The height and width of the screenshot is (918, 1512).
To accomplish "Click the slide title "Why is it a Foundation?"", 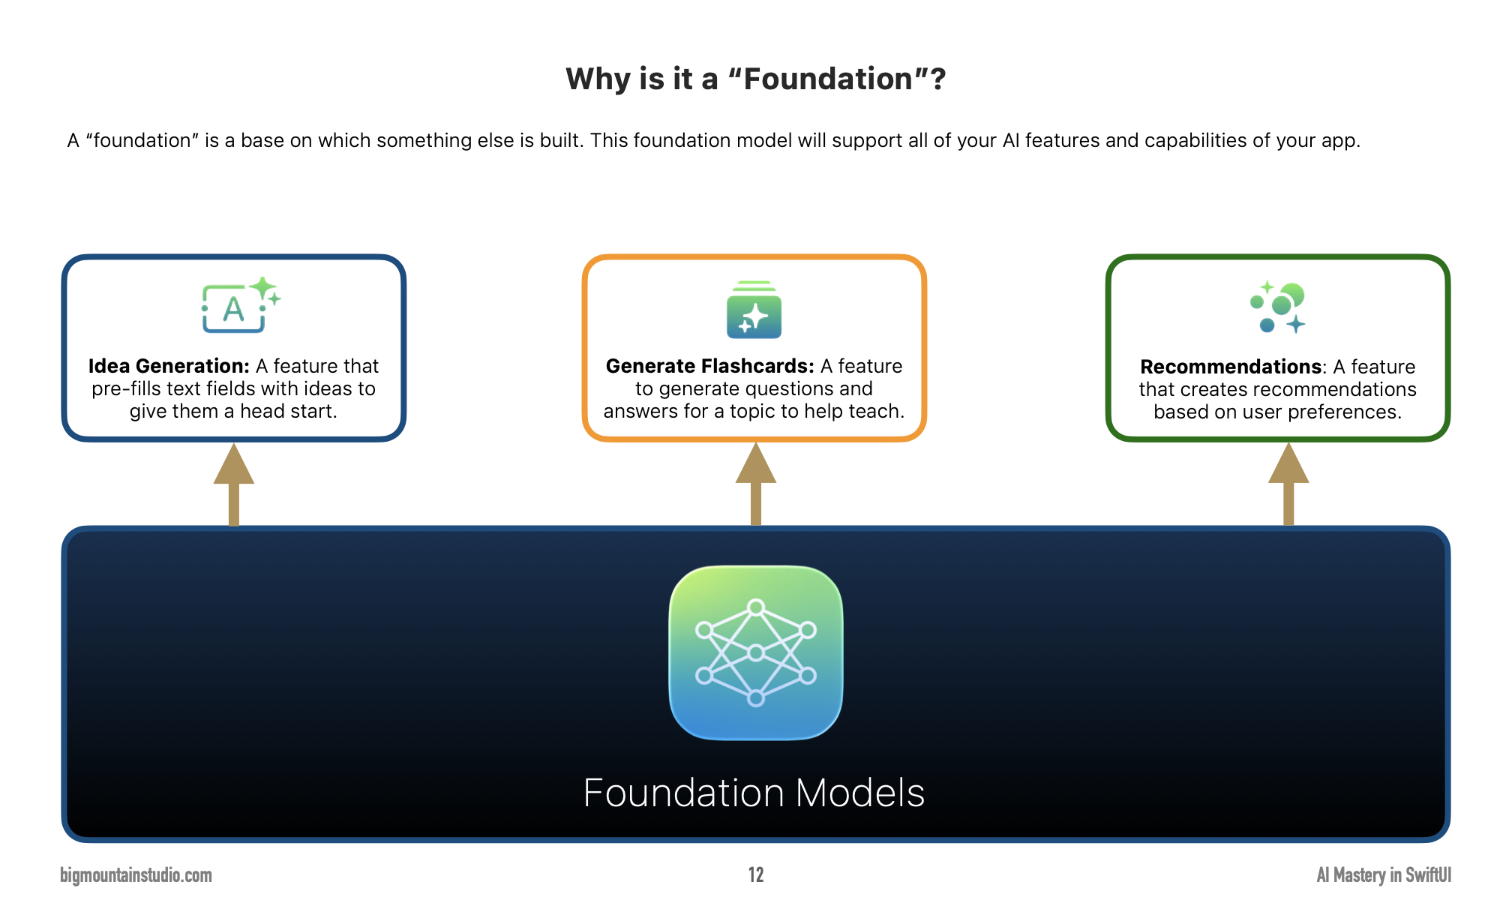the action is pyautogui.click(x=755, y=79).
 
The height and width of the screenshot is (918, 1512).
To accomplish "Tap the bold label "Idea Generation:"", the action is pyautogui.click(x=169, y=366).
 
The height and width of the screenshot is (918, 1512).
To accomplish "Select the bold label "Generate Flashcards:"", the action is pyautogui.click(x=709, y=366).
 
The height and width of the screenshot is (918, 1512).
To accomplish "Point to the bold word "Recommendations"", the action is pyautogui.click(x=1231, y=367).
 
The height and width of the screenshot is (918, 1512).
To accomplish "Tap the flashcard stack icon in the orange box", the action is pyautogui.click(x=754, y=310).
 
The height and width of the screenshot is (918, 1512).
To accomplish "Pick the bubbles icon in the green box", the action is pyautogui.click(x=1278, y=307).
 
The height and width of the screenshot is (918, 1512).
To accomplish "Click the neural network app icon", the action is pyautogui.click(x=756, y=652).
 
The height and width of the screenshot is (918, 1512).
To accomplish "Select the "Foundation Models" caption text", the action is pyautogui.click(x=754, y=793).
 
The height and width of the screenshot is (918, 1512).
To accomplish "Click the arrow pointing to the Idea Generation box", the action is pyautogui.click(x=234, y=484).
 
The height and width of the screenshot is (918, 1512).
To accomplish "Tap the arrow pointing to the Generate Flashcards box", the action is pyautogui.click(x=756, y=484).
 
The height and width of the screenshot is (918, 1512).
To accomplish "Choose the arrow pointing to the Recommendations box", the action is pyautogui.click(x=1288, y=484).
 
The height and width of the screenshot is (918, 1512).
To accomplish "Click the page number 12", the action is pyautogui.click(x=756, y=875).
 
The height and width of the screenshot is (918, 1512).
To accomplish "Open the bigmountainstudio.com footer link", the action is pyautogui.click(x=136, y=875).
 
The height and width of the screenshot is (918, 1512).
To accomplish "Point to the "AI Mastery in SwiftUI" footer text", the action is pyautogui.click(x=1384, y=875).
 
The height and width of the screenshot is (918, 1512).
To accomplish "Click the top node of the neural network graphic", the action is pyautogui.click(x=756, y=607).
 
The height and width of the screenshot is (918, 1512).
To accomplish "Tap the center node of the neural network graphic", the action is pyautogui.click(x=756, y=652).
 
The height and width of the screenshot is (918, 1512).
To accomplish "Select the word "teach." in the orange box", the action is pyautogui.click(x=877, y=411).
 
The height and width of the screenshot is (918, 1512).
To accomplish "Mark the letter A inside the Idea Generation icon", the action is pyautogui.click(x=233, y=309).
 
